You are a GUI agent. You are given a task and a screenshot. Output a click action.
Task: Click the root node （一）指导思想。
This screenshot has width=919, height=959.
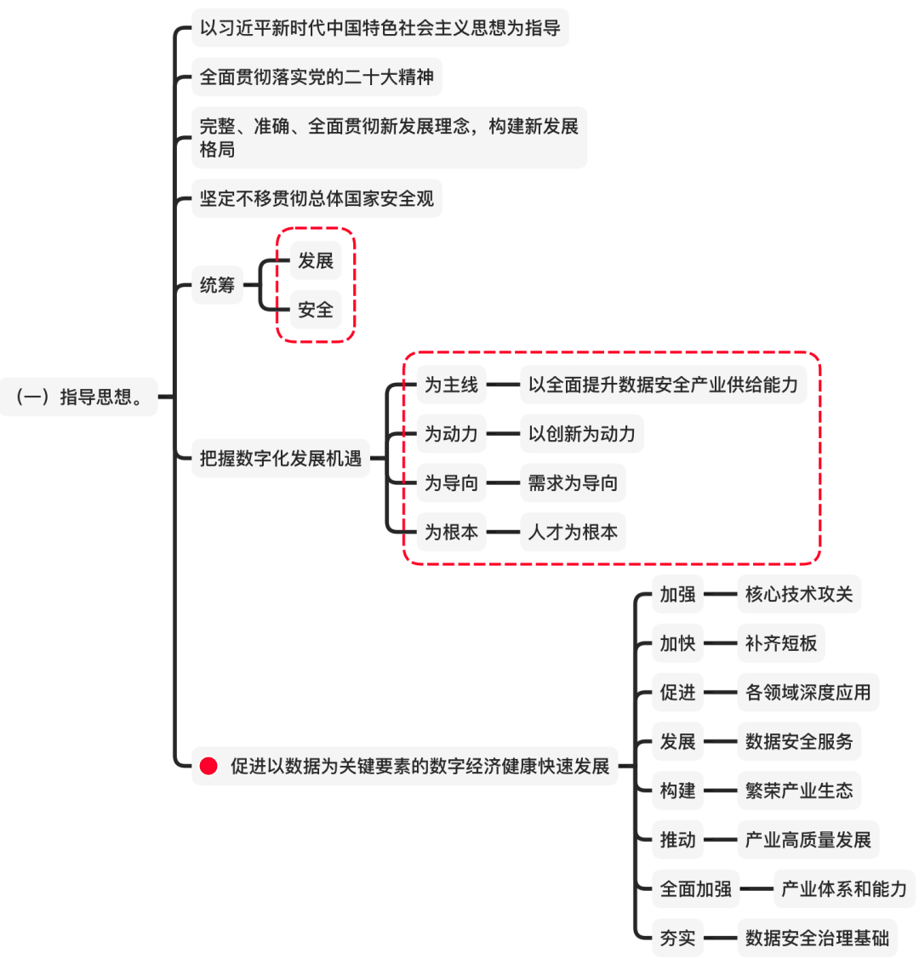pyautogui.click(x=79, y=397)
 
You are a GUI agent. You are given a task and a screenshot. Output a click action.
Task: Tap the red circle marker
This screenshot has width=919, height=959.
pyautogui.click(x=208, y=766)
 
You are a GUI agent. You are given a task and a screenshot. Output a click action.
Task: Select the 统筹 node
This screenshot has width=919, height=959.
pyautogui.click(x=217, y=285)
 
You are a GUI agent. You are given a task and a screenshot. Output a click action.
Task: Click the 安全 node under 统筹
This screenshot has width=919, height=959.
pyautogui.click(x=315, y=310)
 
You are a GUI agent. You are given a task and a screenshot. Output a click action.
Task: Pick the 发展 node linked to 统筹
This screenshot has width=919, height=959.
pyautogui.click(x=315, y=260)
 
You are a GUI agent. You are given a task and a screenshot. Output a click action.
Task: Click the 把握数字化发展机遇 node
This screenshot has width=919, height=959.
pyautogui.click(x=280, y=459)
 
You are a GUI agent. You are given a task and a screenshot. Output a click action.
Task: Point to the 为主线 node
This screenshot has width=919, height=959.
pyautogui.click(x=451, y=385)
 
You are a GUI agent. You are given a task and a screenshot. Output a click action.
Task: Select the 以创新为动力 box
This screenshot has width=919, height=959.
pyautogui.click(x=581, y=434)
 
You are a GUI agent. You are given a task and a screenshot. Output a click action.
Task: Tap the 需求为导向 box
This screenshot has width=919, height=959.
pyautogui.click(x=573, y=483)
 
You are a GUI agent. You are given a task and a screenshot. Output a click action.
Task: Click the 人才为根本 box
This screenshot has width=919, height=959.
pyautogui.click(x=573, y=533)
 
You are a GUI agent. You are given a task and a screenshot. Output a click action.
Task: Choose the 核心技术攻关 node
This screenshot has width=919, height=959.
pyautogui.click(x=798, y=594)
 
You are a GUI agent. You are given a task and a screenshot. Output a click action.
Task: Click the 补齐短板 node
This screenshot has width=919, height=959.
pyautogui.click(x=780, y=643)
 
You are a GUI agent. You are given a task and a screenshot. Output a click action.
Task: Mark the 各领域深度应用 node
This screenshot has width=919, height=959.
pyautogui.click(x=808, y=693)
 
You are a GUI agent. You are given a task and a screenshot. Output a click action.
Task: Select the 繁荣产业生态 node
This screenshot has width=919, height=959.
pyautogui.click(x=798, y=791)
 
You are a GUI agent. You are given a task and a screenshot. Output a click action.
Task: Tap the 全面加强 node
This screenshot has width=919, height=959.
pyautogui.click(x=695, y=889)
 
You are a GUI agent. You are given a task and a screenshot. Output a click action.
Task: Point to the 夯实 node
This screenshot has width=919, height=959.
pyautogui.click(x=677, y=939)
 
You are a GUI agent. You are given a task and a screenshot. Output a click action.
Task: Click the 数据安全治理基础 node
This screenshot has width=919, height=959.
pyautogui.click(x=816, y=939)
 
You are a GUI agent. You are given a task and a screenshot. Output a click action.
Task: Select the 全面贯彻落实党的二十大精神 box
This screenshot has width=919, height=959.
pyautogui.click(x=317, y=77)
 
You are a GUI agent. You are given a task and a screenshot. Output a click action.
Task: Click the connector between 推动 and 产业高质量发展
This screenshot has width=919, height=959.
pyautogui.click(x=720, y=840)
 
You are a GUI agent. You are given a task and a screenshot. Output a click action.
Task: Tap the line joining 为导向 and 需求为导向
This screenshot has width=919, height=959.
pyautogui.click(x=503, y=483)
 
